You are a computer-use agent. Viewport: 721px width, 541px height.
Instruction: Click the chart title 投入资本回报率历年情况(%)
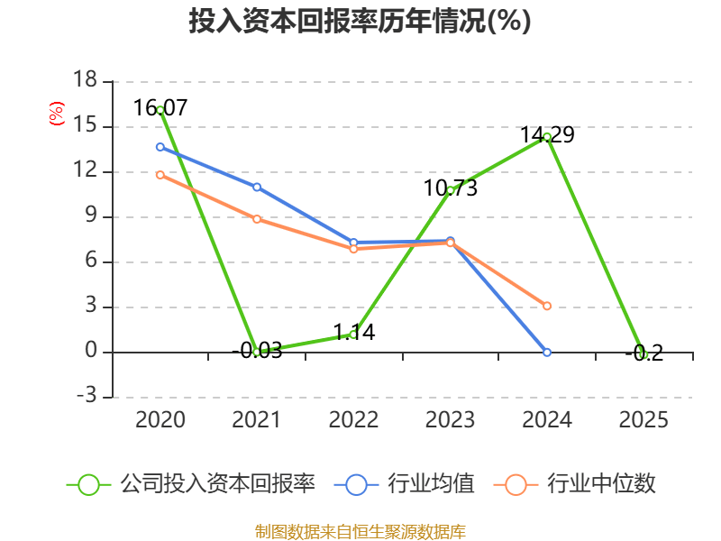coord(360,22)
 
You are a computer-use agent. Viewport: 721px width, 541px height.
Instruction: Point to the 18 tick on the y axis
coord(86,81)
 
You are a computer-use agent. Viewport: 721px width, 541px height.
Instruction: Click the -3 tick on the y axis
coord(86,397)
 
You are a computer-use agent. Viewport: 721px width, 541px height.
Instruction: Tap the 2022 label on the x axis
coord(353,420)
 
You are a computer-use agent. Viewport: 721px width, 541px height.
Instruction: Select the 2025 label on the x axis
coord(643,420)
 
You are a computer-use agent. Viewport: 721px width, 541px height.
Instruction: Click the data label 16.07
coord(160,108)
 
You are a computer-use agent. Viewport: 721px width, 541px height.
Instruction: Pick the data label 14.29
coord(547,135)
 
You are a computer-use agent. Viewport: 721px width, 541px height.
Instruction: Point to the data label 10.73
coord(451,188)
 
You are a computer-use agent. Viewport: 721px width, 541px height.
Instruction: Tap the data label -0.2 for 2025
coord(643,353)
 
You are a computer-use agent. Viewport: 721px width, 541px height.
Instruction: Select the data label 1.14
coord(353,333)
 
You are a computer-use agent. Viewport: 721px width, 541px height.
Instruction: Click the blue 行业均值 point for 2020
coord(160,146)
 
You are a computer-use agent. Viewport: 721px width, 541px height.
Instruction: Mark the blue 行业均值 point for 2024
coord(547,352)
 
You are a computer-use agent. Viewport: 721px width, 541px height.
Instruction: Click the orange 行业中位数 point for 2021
coord(257,219)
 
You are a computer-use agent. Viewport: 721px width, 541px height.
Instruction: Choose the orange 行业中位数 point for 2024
coord(547,306)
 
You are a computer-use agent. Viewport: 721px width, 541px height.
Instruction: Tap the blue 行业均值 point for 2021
coord(257,187)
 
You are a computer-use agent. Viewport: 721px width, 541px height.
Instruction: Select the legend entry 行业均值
coord(406,484)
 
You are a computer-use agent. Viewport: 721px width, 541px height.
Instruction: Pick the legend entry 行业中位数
coord(575,484)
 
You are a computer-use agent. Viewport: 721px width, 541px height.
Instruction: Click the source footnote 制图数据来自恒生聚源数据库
coord(360,531)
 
